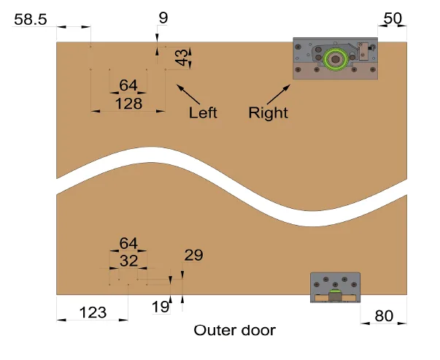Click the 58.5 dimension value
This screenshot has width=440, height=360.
pos(31,20)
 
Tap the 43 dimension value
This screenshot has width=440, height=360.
pos(181,58)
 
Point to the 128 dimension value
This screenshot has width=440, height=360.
pos(128,104)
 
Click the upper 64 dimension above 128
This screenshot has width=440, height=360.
pos(128,85)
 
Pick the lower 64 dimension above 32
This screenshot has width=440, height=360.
pos(128,242)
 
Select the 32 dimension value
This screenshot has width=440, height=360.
pos(128,259)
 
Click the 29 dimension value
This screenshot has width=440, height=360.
pos(193,255)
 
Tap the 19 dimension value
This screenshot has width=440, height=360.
pos(161,307)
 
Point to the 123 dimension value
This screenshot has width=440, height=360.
pos(92,313)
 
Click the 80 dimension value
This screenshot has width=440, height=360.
pos(384,315)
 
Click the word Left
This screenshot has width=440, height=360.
pos(203,113)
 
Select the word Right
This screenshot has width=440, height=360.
pos(268,113)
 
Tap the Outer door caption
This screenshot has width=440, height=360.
pos(234,331)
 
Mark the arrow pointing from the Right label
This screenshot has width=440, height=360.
pos(277,94)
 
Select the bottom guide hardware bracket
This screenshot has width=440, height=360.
pos(335,287)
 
